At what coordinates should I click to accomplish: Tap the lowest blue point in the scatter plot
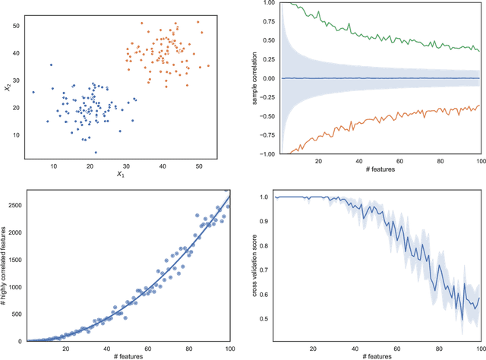[x=95, y=152]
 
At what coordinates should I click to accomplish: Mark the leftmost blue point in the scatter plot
[x=33, y=92]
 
